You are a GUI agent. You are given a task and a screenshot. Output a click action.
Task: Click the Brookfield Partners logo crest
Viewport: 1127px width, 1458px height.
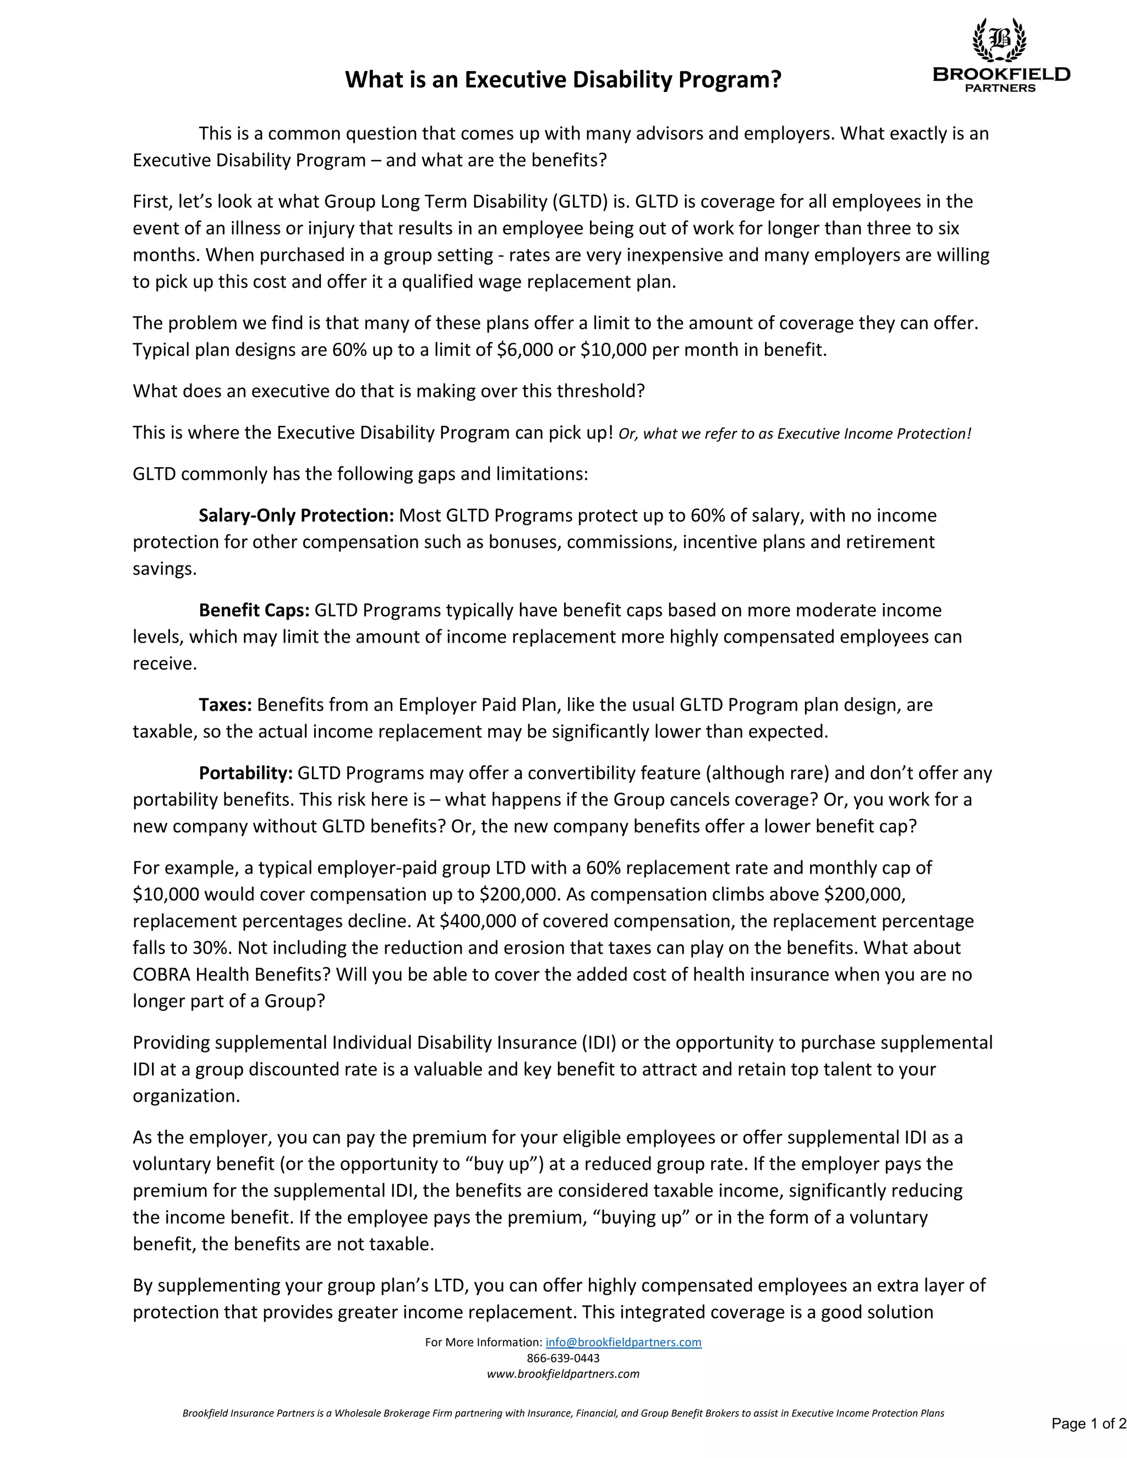coord(999,40)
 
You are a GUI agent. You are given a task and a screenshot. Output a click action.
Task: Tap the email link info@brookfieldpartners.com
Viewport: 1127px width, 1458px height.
coord(623,1342)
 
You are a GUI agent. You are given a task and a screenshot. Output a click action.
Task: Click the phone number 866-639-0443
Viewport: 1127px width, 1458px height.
coord(563,1358)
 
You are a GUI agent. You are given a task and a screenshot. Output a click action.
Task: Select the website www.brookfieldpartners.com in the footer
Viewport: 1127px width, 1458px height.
coord(563,1373)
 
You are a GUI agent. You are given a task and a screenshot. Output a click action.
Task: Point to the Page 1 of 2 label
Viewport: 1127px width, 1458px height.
coord(1088,1423)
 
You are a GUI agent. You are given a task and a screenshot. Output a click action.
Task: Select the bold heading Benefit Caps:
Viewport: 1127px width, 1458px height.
coord(254,610)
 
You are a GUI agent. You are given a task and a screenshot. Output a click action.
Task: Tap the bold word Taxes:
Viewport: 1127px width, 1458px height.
coord(225,705)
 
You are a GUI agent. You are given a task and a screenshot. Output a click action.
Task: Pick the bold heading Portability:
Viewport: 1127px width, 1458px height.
coord(245,773)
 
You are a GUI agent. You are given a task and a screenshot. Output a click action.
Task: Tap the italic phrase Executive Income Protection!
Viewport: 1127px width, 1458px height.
coord(874,434)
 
